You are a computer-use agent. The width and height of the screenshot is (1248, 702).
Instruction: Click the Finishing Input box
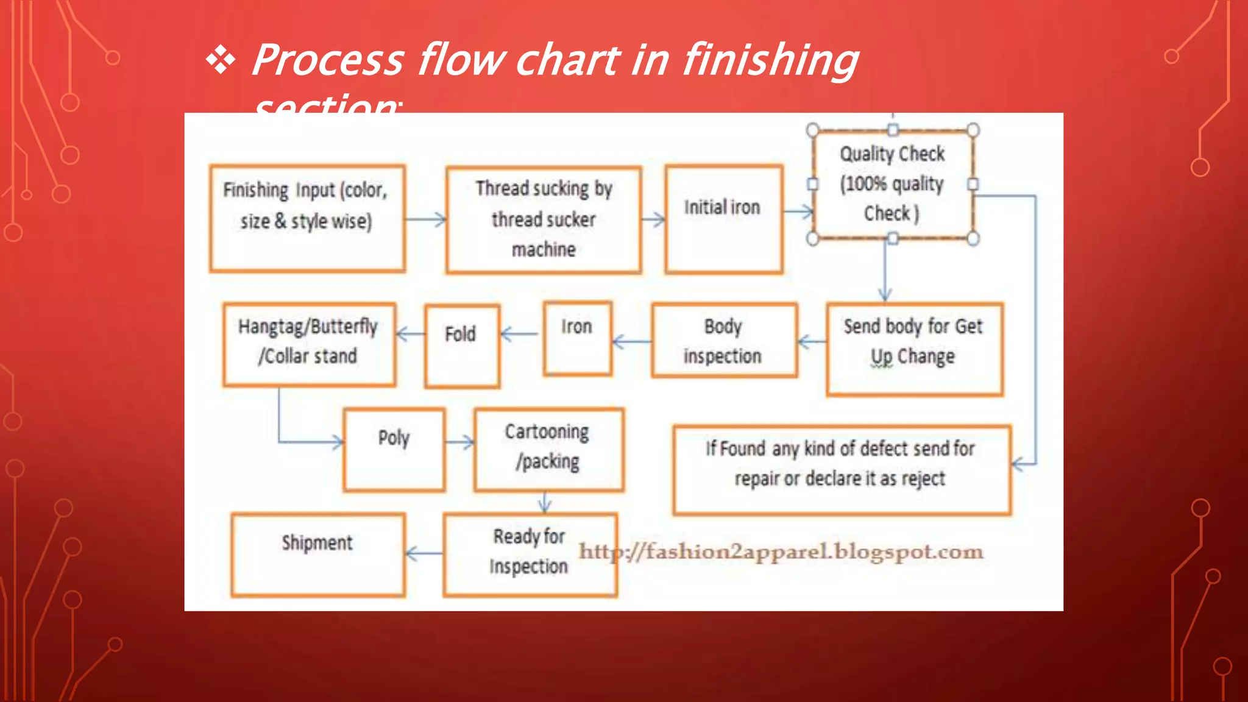(307, 218)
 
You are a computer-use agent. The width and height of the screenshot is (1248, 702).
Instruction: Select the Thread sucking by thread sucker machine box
(544, 219)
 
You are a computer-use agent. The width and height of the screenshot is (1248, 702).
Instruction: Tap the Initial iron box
(723, 219)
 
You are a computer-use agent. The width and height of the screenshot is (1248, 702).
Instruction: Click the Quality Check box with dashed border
(893, 184)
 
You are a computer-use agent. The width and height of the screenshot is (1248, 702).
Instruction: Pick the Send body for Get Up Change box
(914, 349)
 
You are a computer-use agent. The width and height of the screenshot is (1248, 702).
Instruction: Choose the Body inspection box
(724, 341)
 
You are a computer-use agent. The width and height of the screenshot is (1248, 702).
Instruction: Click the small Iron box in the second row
(577, 338)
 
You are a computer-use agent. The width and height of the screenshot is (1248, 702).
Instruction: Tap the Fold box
(462, 346)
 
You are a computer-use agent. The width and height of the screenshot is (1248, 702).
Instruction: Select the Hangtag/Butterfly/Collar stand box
(309, 344)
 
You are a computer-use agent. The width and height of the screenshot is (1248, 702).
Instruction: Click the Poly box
(394, 450)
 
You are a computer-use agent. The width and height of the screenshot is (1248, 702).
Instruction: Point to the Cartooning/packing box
(548, 450)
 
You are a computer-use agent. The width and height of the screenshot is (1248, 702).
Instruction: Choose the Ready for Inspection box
(530, 554)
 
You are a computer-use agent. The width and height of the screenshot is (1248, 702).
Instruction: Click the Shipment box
(317, 554)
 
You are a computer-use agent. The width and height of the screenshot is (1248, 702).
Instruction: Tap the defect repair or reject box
(842, 470)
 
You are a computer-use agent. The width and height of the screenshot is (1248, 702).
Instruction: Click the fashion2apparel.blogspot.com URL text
(781, 551)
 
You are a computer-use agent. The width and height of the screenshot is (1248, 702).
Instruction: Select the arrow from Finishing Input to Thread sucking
(425, 219)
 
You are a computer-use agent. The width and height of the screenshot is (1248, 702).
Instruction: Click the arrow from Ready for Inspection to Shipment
(424, 553)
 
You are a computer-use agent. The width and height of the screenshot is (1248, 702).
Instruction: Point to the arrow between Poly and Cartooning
(459, 442)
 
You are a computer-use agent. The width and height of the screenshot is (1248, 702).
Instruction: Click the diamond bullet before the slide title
(221, 61)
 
